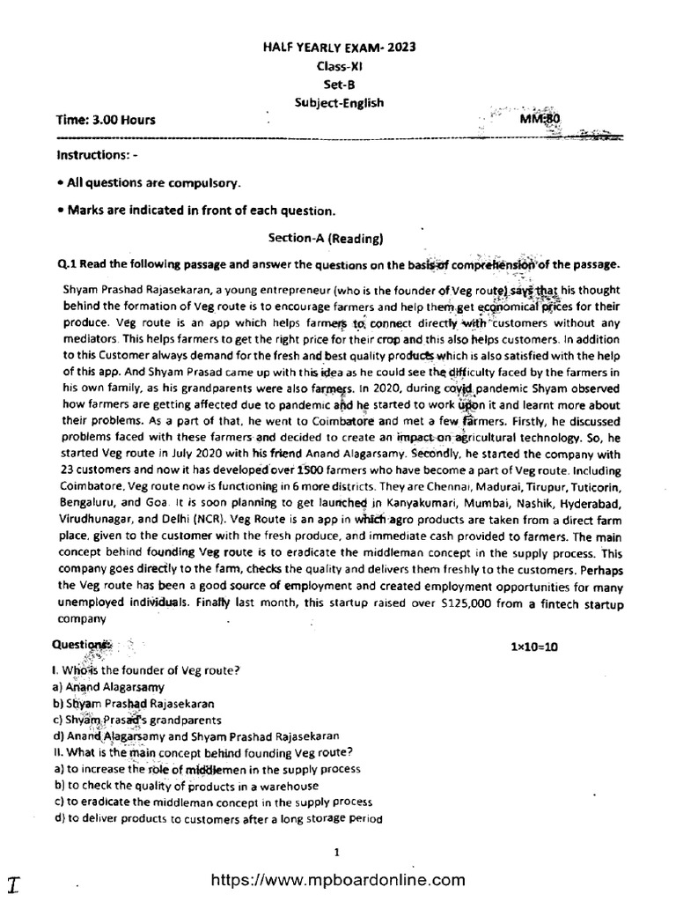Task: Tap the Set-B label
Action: pyautogui.click(x=338, y=85)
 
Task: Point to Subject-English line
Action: pyautogui.click(x=338, y=103)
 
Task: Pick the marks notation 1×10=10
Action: pyautogui.click(x=534, y=647)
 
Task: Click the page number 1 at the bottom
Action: pyautogui.click(x=338, y=852)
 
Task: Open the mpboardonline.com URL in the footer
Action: pyautogui.click(x=338, y=879)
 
